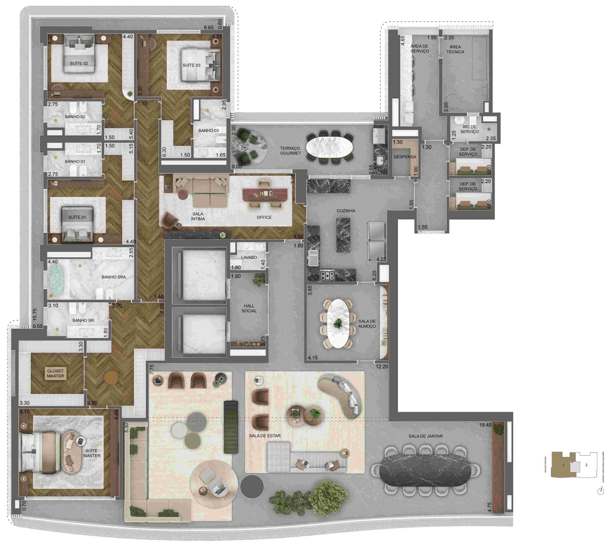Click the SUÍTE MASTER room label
(x=92, y=453)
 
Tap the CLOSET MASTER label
(x=55, y=373)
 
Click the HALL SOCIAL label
(x=249, y=308)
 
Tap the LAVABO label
(x=249, y=257)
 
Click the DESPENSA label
(x=405, y=157)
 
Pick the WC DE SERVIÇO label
(x=470, y=129)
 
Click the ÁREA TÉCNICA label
(x=455, y=49)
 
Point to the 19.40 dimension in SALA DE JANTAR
(x=485, y=425)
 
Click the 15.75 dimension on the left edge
(x=35, y=314)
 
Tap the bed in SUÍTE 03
(x=201, y=65)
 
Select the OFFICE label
(x=264, y=217)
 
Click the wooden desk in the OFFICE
(x=265, y=195)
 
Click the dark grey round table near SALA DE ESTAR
(x=252, y=487)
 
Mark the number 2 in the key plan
(x=586, y=465)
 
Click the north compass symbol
(x=601, y=491)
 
